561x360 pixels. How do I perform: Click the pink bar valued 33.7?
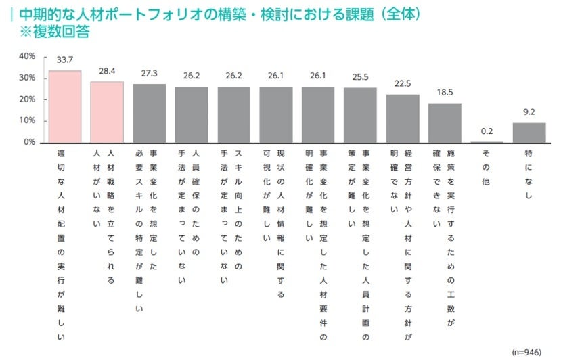click(65, 107)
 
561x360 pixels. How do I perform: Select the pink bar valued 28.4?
click(107, 112)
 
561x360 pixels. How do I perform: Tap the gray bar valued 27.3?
click(149, 114)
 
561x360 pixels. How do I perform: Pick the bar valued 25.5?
click(360, 115)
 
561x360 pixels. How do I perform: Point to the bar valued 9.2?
click(529, 133)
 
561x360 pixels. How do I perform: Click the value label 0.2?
click(487, 131)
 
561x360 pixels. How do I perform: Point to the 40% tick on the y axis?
click(27, 56)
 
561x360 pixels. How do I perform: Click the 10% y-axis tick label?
click(27, 121)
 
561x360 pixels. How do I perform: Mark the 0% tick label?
click(30, 143)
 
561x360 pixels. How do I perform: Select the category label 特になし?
click(529, 174)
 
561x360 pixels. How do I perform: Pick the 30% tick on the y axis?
click(27, 78)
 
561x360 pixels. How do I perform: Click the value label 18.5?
click(445, 91)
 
